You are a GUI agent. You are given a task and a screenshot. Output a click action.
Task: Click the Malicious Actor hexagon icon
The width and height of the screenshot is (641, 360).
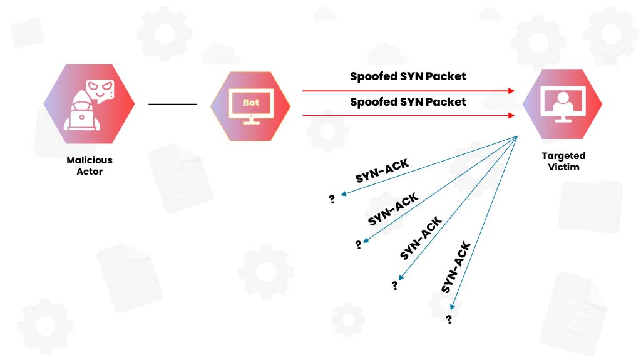pos(89,103)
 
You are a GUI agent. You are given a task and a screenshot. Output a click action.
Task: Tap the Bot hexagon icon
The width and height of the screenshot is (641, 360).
pos(250,105)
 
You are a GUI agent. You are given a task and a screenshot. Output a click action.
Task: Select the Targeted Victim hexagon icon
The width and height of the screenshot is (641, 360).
pos(562,104)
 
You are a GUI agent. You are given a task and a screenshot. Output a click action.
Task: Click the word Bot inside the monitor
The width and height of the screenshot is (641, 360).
pos(250,102)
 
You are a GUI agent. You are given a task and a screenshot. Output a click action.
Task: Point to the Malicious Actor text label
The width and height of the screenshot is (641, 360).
pos(90,165)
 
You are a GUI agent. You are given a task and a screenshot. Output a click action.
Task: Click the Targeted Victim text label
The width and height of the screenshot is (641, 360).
pos(563,161)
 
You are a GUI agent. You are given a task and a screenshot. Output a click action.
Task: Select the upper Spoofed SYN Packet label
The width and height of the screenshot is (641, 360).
pos(408,76)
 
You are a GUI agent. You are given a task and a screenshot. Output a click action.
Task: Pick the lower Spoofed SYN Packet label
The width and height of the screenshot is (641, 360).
pos(408,101)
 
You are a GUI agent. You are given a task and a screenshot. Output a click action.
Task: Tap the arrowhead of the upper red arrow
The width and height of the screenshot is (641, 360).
pos(511,91)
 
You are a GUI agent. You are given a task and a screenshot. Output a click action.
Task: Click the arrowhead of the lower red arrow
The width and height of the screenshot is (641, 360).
pos(511,115)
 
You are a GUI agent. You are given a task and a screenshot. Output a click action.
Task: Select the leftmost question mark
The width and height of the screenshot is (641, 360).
pos(332,199)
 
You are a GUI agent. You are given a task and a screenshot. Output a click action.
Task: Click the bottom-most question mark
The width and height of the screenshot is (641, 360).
pos(448,319)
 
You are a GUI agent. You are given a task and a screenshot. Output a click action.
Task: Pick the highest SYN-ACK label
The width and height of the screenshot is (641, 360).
pos(382,170)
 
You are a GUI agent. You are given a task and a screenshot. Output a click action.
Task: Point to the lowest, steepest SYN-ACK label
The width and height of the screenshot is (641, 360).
pos(456,267)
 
